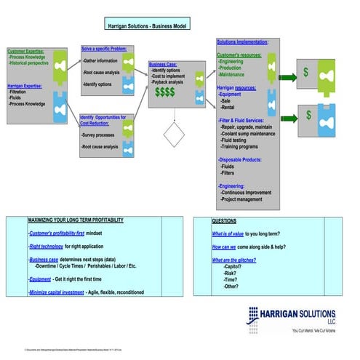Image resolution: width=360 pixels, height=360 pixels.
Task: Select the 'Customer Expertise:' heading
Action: pos(25,52)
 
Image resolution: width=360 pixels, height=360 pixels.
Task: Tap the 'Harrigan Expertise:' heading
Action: pos(25,86)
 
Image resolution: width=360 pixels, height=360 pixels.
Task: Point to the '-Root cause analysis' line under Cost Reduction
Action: pos(100,147)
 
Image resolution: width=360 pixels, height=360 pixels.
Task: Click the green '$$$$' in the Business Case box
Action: pos(164,92)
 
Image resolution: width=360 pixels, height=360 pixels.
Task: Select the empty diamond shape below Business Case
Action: pos(175,135)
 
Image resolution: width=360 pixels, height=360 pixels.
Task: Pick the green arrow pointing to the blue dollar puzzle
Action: pos(287,116)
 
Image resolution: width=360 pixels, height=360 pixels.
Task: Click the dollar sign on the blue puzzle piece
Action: pos(309,115)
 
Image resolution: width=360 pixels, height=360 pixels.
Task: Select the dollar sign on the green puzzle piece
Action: pos(306,73)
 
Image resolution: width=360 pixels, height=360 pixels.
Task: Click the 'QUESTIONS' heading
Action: pos(223,220)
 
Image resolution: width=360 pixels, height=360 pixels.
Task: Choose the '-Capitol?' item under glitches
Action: pos(236,267)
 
